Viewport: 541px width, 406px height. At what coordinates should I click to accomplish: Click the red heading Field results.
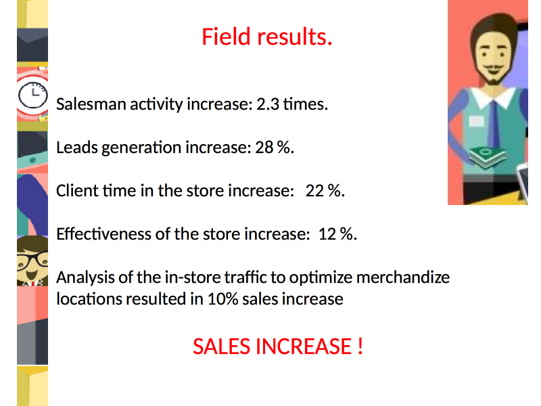pyautogui.click(x=266, y=37)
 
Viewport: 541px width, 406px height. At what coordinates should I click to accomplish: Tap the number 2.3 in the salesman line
pyautogui.click(x=268, y=104)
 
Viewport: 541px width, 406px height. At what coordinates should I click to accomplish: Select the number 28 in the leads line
pyautogui.click(x=264, y=148)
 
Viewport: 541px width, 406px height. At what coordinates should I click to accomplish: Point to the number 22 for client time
pyautogui.click(x=314, y=191)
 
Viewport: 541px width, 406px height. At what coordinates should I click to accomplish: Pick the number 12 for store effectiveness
pyautogui.click(x=327, y=234)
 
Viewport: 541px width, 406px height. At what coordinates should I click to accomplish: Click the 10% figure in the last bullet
pyautogui.click(x=223, y=299)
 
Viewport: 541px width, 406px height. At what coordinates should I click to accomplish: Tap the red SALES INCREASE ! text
pyautogui.click(x=278, y=346)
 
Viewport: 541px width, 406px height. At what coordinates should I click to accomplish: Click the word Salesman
pyautogui.click(x=91, y=104)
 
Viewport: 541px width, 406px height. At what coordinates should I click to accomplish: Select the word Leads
pyautogui.click(x=77, y=148)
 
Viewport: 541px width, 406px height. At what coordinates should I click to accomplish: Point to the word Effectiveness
pyautogui.click(x=104, y=234)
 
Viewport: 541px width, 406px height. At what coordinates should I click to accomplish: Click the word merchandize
pyautogui.click(x=403, y=277)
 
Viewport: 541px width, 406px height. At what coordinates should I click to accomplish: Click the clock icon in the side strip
pyautogui.click(x=32, y=95)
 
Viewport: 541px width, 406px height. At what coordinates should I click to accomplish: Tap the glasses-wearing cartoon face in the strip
pyautogui.click(x=32, y=261)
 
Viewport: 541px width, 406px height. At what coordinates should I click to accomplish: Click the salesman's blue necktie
pyautogui.click(x=494, y=125)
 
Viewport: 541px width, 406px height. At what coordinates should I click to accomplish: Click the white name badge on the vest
pyautogui.click(x=477, y=121)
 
